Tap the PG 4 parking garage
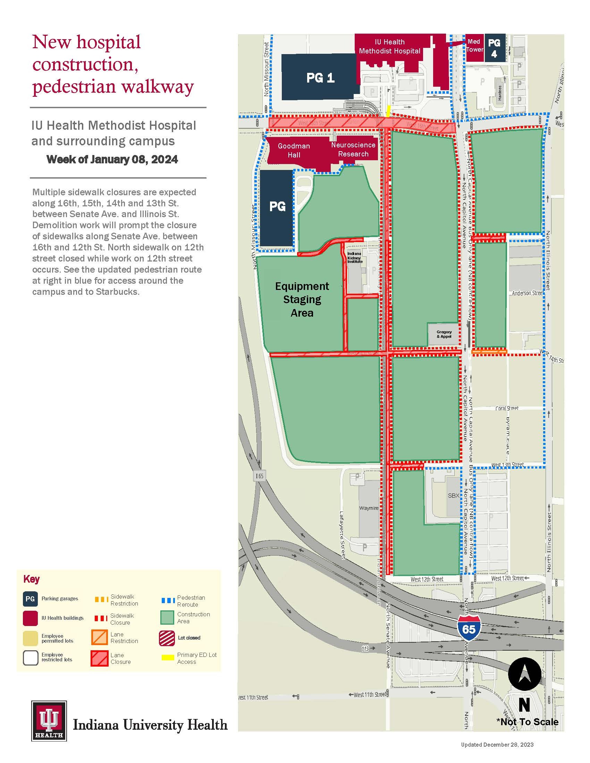point(494,48)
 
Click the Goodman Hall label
point(294,150)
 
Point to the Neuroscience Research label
point(353,149)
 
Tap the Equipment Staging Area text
point(302,299)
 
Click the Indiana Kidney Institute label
point(354,257)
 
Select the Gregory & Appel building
point(444,334)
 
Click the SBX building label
point(453,495)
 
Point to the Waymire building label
point(368,508)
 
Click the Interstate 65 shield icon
point(469,629)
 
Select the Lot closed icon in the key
point(167,638)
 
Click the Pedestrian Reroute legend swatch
point(168,601)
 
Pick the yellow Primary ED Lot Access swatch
point(168,658)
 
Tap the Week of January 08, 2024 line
point(112,160)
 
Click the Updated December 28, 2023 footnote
point(497,745)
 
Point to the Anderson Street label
point(527,293)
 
